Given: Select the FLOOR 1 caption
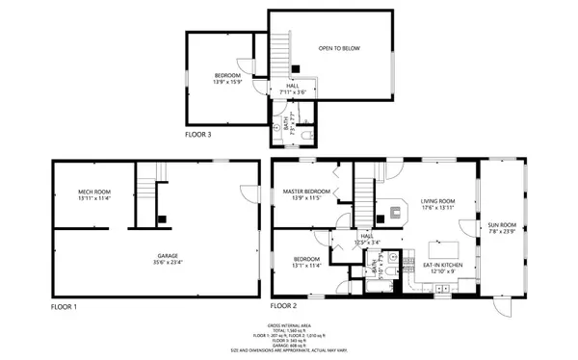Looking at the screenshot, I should (63, 306).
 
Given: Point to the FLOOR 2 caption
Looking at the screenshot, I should (284, 306).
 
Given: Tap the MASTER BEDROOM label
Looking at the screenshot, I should (306, 192).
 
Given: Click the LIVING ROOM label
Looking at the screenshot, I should (437, 200).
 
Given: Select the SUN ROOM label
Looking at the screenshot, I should (501, 223).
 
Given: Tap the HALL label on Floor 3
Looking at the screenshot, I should (292, 86).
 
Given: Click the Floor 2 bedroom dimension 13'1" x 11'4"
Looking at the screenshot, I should (306, 266).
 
